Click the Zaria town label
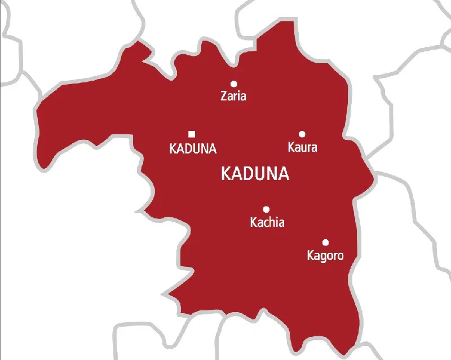[x=233, y=96]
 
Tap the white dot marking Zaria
[x=233, y=84]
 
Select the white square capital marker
[x=192, y=134]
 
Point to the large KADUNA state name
[x=255, y=174]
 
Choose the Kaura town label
[x=302, y=148]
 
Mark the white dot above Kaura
[x=302, y=134]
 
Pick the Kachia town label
[x=267, y=222]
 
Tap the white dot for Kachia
[x=266, y=209]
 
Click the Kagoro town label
[x=325, y=256]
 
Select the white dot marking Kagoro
[x=325, y=242]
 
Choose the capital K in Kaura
[x=291, y=148]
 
